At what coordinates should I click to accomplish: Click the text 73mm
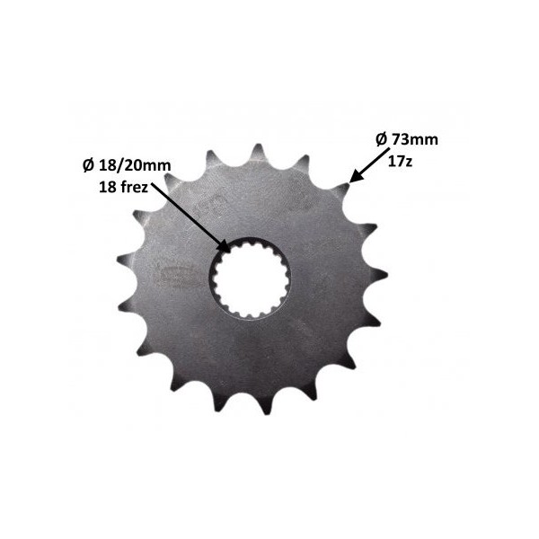pyautogui.click(x=415, y=139)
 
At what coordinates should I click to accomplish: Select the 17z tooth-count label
pyautogui.click(x=400, y=161)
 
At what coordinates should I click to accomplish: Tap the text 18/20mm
pyautogui.click(x=135, y=166)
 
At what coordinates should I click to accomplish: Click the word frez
pyautogui.click(x=134, y=188)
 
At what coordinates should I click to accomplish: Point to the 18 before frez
pyautogui.click(x=107, y=188)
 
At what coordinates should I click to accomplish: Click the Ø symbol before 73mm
pyautogui.click(x=382, y=139)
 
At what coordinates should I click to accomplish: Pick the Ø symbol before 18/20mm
pyautogui.click(x=89, y=166)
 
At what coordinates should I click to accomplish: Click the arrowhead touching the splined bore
pyautogui.click(x=224, y=247)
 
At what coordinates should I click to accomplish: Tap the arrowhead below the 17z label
pyautogui.click(x=356, y=176)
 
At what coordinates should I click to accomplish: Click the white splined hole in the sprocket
pyautogui.click(x=250, y=278)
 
